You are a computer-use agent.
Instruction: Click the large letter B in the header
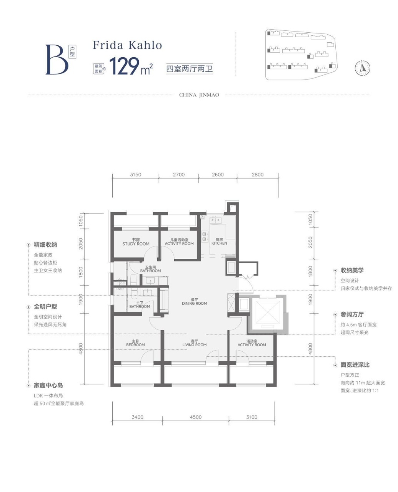[x=57, y=60]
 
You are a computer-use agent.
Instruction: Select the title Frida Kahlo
[x=127, y=45]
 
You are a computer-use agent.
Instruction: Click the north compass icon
[x=362, y=68]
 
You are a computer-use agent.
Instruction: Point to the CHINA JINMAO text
[x=199, y=95]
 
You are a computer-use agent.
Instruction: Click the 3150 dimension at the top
[x=135, y=175]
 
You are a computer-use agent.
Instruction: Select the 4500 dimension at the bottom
[x=196, y=417]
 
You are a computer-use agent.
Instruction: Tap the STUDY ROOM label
[x=136, y=244]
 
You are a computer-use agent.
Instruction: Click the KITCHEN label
[x=219, y=243]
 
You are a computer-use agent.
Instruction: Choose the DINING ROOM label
[x=194, y=304]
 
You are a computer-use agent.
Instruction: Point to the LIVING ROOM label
[x=194, y=345]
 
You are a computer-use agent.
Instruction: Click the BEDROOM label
[x=135, y=345]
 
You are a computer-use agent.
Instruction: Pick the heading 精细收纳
[x=45, y=245]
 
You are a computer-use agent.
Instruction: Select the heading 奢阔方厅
[x=352, y=314]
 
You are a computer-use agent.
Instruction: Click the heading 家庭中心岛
[x=48, y=386]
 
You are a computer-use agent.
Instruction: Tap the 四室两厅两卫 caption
[x=190, y=69]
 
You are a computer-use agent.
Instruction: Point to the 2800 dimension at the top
[x=258, y=175]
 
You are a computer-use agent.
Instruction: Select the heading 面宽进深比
[x=355, y=365]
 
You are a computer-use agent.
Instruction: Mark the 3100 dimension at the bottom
[x=252, y=417]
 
